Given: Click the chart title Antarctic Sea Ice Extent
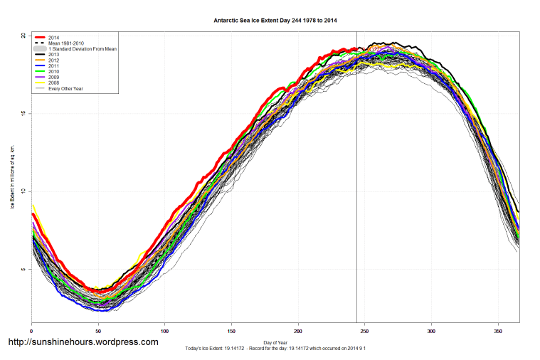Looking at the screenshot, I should point(275,21).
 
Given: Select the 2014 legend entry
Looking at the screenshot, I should point(54,37).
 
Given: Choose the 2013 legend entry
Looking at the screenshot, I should point(54,55).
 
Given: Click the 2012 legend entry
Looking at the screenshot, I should point(54,60).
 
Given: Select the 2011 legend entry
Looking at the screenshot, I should point(54,66).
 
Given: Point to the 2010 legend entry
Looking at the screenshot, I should point(54,72).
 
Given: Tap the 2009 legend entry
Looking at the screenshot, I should point(54,78).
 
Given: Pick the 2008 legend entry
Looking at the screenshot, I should point(54,83).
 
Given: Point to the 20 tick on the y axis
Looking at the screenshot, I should point(23,36).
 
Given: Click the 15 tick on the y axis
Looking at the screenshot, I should point(23,113).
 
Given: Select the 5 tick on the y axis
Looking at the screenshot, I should point(23,269).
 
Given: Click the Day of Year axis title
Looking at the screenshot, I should point(275,343).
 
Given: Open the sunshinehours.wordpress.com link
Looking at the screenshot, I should point(83,342).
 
